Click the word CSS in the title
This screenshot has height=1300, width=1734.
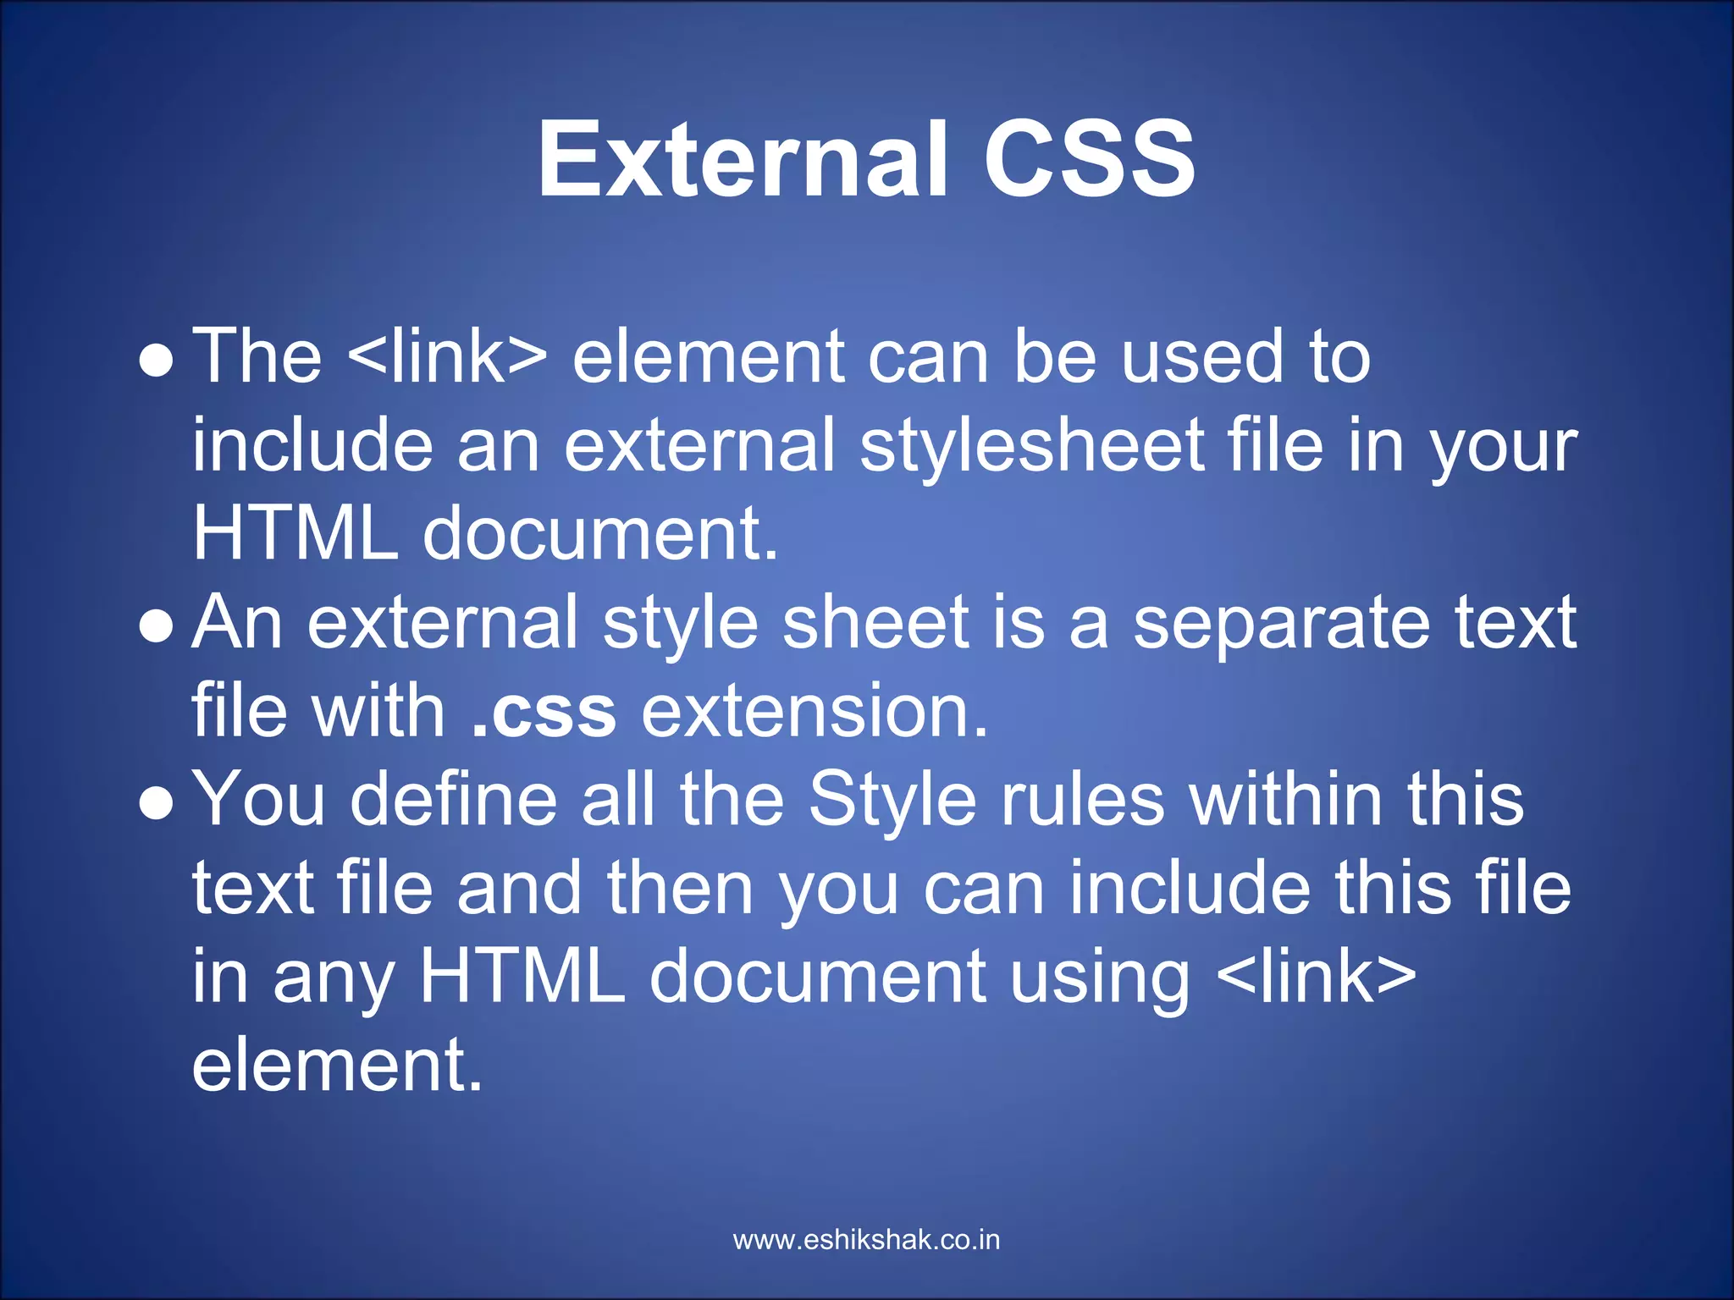[x=1089, y=159]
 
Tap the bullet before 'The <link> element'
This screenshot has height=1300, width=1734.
[x=157, y=361]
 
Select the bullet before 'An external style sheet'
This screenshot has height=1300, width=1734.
[x=157, y=627]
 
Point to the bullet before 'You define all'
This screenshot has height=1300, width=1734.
[x=157, y=804]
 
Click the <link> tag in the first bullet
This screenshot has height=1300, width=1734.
[x=447, y=356]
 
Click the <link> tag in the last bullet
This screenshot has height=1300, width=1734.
[x=1316, y=977]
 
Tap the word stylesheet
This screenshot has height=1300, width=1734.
[x=1032, y=448]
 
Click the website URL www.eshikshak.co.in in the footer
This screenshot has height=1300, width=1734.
[x=866, y=1240]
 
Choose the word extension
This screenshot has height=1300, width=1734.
[x=815, y=712]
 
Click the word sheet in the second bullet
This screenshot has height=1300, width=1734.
[x=875, y=623]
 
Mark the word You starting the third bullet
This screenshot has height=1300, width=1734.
[x=259, y=800]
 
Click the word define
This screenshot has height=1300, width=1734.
[x=454, y=800]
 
